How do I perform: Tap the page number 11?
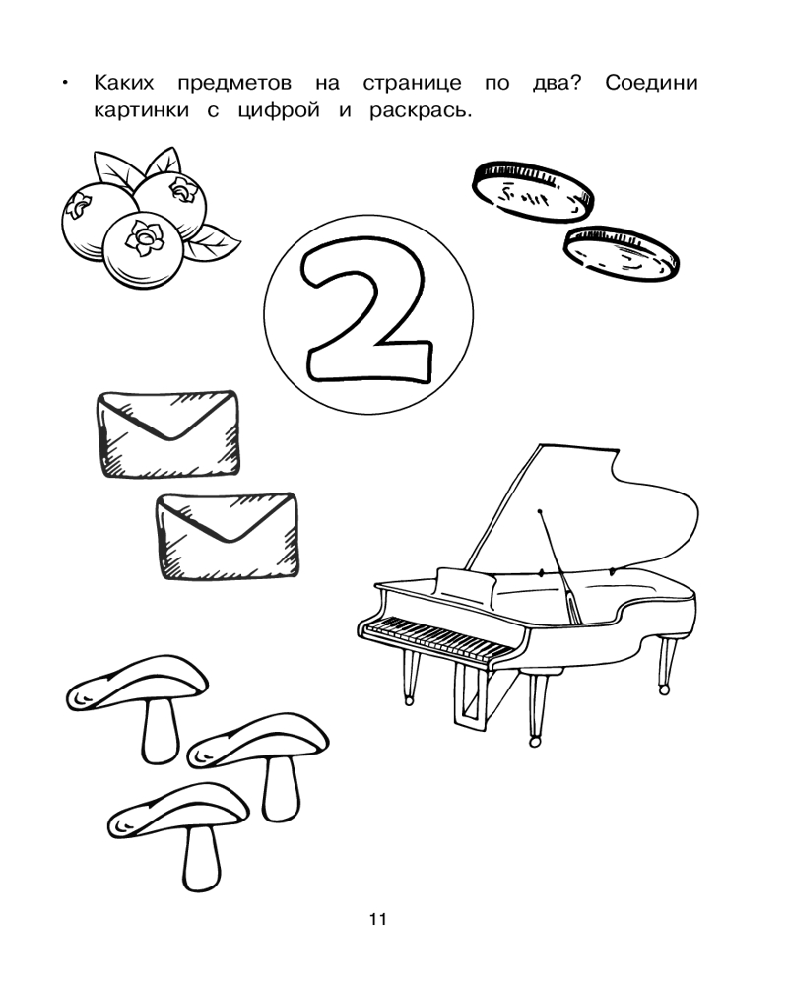click(377, 919)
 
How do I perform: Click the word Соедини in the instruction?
click(651, 83)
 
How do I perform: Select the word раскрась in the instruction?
click(420, 111)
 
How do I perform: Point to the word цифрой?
click(279, 111)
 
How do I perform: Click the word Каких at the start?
click(124, 83)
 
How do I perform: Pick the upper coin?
click(533, 192)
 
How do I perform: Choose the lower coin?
click(621, 254)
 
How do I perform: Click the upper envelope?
click(168, 433)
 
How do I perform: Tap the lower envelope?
click(228, 536)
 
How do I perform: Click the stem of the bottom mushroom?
click(201, 858)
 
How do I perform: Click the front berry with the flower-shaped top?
click(143, 250)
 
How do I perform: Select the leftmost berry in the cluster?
click(97, 217)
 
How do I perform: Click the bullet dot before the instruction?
click(64, 83)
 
